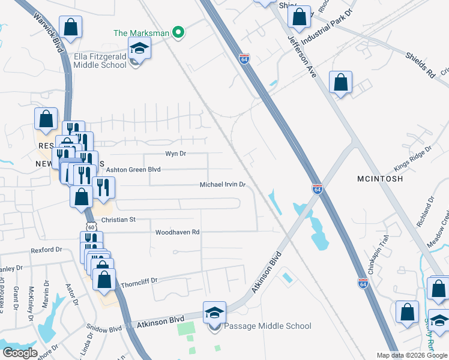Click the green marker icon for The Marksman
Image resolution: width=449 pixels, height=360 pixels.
coord(178,32)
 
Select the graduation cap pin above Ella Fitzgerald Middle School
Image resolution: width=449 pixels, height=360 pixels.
coord(139,48)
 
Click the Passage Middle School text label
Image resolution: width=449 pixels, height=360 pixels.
coord(267,326)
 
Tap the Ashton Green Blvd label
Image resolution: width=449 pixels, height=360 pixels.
coord(131,170)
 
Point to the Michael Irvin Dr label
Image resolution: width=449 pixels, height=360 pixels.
coord(223,185)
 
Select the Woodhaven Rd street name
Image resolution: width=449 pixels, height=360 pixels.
coord(177,232)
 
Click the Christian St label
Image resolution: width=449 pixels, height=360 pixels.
coord(119,220)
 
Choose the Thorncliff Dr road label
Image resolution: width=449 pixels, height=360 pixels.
coord(139,281)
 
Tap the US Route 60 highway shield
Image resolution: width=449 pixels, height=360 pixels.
coord(90,227)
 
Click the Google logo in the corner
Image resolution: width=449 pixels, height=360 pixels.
coord(20,353)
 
